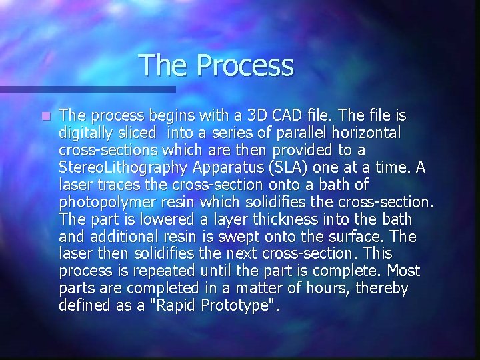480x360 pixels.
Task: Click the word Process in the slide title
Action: (246, 66)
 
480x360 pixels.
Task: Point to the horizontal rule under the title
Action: (87, 89)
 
